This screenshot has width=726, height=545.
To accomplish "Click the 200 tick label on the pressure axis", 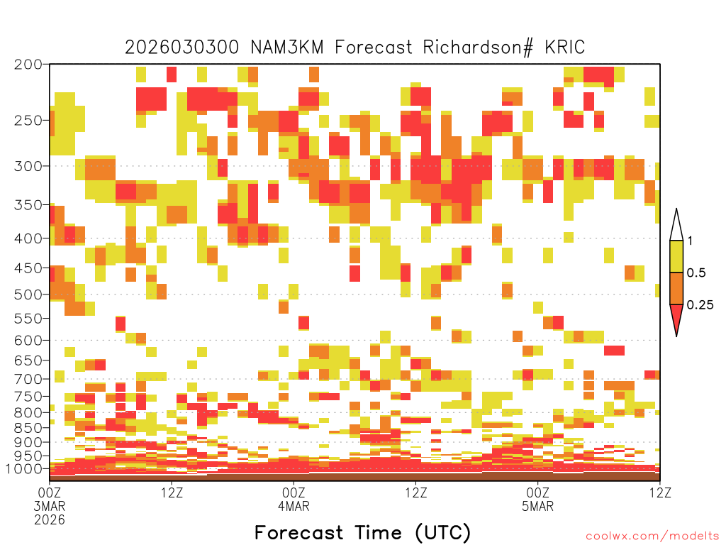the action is pyautogui.click(x=28, y=65).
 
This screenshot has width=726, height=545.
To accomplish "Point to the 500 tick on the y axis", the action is pyautogui.click(x=28, y=294).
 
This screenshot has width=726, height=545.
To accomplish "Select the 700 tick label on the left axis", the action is pyautogui.click(x=28, y=379).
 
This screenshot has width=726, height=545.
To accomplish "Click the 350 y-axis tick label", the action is pyautogui.click(x=28, y=205).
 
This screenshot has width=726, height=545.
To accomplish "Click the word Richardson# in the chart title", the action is pyautogui.click(x=478, y=48).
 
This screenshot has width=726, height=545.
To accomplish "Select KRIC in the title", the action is pyautogui.click(x=565, y=48).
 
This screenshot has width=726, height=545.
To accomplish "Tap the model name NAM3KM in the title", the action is pyautogui.click(x=286, y=48).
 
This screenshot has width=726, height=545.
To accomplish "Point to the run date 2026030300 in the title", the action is pyautogui.click(x=182, y=48).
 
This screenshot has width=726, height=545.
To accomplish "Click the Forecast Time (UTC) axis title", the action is pyautogui.click(x=362, y=532).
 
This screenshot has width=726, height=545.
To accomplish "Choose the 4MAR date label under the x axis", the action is pyautogui.click(x=294, y=505).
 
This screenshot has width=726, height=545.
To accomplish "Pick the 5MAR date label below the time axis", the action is pyautogui.click(x=537, y=505).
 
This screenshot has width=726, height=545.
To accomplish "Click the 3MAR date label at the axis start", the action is pyautogui.click(x=50, y=505).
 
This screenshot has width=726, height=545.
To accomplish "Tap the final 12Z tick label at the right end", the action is pyautogui.click(x=660, y=492).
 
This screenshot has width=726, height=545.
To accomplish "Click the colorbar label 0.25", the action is pyautogui.click(x=700, y=305).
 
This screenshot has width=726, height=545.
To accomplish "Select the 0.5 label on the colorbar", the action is pyautogui.click(x=696, y=273).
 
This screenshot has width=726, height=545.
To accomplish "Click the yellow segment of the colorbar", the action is pyautogui.click(x=676, y=256).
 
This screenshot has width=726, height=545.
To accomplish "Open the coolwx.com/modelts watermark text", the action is pyautogui.click(x=652, y=536).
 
